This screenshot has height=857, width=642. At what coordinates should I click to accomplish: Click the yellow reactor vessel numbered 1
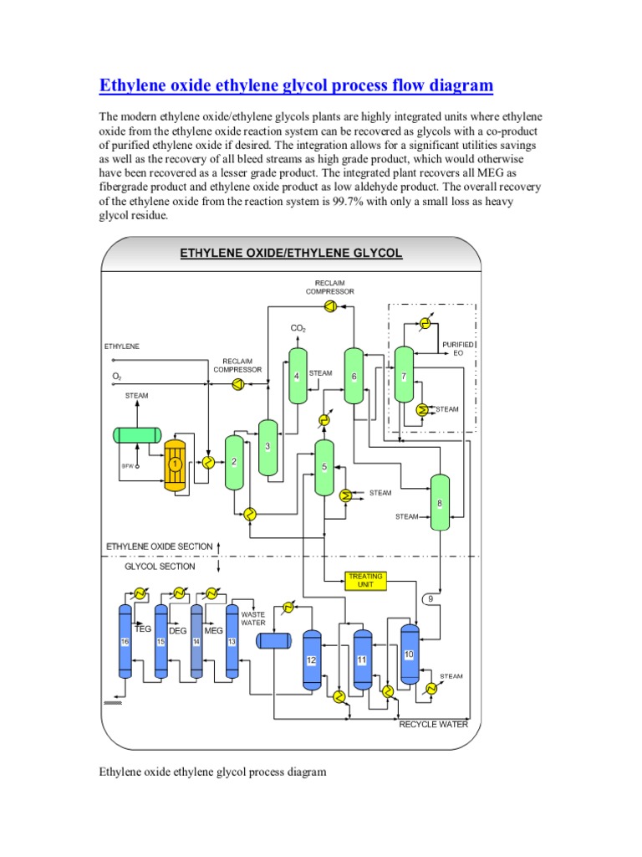pyautogui.click(x=176, y=463)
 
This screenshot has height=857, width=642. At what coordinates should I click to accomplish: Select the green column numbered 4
pyautogui.click(x=298, y=376)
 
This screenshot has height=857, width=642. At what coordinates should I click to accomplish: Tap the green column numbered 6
pyautogui.click(x=354, y=376)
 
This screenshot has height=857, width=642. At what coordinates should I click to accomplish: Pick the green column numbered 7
pyautogui.click(x=404, y=376)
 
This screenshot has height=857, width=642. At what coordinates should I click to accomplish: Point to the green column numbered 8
pyautogui.click(x=440, y=502)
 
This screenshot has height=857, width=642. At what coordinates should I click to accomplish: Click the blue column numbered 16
pyautogui.click(x=125, y=641)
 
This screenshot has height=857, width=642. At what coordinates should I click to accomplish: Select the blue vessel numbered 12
pyautogui.click(x=311, y=659)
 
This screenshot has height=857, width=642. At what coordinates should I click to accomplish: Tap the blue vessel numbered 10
pyautogui.click(x=409, y=654)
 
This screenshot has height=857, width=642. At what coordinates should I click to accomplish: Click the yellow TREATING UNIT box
pyautogui.click(x=365, y=580)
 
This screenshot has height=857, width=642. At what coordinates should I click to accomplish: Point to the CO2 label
pyautogui.click(x=298, y=328)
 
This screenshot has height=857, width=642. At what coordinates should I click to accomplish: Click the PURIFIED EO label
pyautogui.click(x=458, y=348)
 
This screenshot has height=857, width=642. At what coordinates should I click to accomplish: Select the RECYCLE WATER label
pyautogui.click(x=433, y=724)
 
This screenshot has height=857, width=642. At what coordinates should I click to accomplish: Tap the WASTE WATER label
pyautogui.click(x=253, y=618)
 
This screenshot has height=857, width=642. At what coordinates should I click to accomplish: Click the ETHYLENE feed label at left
pyautogui.click(x=122, y=346)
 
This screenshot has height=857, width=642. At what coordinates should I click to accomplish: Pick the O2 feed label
pyautogui.click(x=117, y=377)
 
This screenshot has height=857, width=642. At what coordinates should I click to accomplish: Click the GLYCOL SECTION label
pyautogui.click(x=160, y=567)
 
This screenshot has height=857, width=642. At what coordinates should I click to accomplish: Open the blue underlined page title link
pyautogui.click(x=297, y=85)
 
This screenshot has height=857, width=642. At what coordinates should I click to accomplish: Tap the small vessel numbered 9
pyautogui.click(x=431, y=599)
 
